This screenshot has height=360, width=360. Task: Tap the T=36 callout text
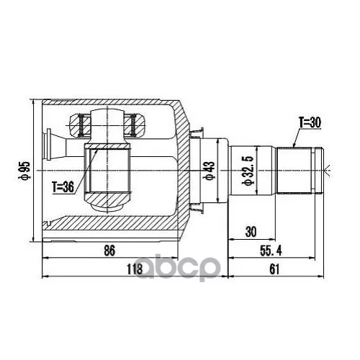coord(63,187)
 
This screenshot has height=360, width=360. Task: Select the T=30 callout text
coord(310,122)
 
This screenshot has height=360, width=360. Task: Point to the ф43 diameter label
coord(208,171)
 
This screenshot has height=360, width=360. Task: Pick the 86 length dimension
coord(109,251)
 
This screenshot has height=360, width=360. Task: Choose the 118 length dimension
coord(135,269)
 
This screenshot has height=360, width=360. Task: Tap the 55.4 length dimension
coord(271,251)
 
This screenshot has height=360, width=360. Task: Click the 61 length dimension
coord(274,269)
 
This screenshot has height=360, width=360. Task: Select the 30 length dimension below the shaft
coord(251,232)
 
